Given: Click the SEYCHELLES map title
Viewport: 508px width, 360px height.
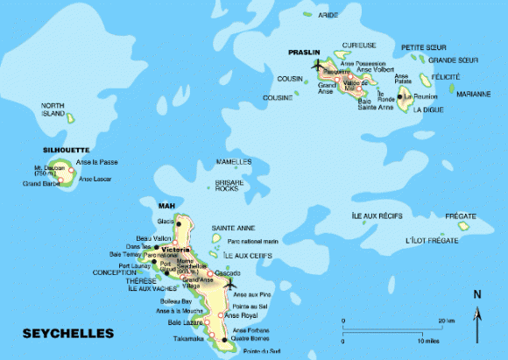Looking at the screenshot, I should [x=67, y=334].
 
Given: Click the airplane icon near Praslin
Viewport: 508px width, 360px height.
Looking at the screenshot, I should [x=316, y=64].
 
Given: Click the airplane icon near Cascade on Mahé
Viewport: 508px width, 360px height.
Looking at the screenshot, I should [x=230, y=283].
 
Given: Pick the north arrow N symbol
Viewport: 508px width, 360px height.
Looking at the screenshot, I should [x=476, y=294].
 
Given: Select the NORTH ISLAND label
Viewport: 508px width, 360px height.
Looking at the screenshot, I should [x=53, y=109].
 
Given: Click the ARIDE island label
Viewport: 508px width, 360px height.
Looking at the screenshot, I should [x=328, y=15].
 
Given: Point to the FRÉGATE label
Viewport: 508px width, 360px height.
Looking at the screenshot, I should [x=461, y=215].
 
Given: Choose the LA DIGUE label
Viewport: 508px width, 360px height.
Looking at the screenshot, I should [x=428, y=109].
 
